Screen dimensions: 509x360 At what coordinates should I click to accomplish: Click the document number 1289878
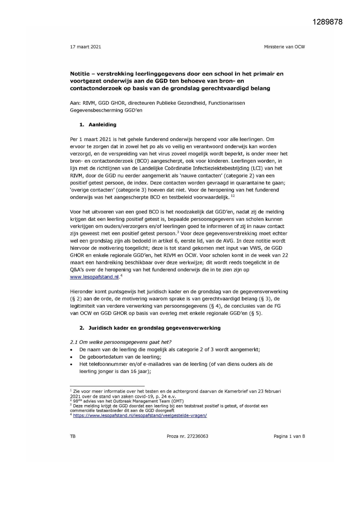(328, 22)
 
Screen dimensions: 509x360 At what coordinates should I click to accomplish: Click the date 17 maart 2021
(86, 47)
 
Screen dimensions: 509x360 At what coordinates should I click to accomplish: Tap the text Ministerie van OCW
(284, 47)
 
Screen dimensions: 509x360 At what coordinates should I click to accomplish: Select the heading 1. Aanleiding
(98, 125)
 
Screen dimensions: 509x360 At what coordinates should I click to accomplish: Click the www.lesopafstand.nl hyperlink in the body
(94, 277)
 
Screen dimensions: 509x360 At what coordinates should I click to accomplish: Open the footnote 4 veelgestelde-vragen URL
(140, 416)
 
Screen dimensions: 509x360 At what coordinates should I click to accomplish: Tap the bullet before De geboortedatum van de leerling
(72, 357)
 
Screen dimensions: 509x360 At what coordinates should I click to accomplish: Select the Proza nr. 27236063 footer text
(187, 436)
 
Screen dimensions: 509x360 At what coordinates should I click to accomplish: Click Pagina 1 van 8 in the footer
(289, 436)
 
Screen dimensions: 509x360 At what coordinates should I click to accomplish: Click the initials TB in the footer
(73, 436)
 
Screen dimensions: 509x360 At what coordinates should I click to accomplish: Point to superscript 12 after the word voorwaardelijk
(233, 196)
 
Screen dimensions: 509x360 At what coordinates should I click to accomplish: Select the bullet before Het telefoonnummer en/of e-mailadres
(72, 364)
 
